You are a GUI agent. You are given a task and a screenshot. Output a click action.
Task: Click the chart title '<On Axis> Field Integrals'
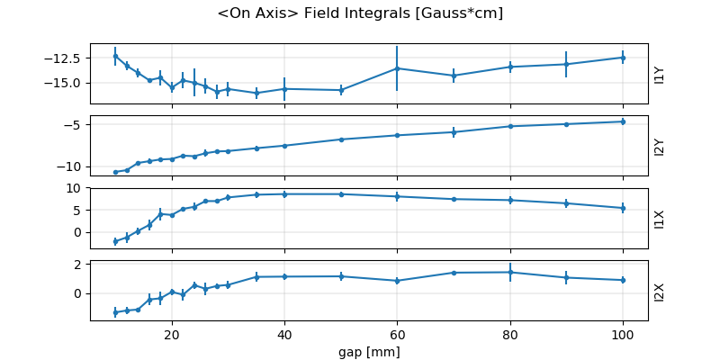360,13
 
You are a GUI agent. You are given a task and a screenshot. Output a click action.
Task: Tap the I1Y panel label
660,74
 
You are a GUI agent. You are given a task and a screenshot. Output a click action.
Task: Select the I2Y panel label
660,146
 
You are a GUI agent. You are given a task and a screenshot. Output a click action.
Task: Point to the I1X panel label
660,218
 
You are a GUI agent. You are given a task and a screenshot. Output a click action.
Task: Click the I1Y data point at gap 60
397,68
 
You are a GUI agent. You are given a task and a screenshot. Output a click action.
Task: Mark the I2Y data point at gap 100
622,121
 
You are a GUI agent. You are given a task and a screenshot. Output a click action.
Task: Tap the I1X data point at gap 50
341,194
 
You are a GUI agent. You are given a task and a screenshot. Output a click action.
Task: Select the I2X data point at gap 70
454,273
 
